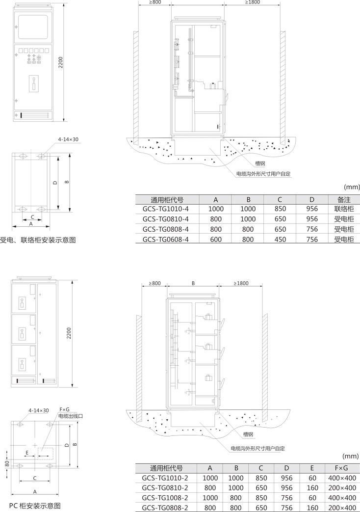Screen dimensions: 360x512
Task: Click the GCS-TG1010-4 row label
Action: pyautogui.click(x=165, y=209)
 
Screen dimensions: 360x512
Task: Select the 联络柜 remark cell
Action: pyautogui.click(x=344, y=209)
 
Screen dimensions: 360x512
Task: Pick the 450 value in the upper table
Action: pyautogui.click(x=280, y=240)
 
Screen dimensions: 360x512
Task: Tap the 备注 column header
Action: pyautogui.click(x=344, y=199)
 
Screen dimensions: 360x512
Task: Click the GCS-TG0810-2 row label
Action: pyautogui.click(x=165, y=488)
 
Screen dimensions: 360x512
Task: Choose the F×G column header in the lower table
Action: pyautogui.click(x=342, y=468)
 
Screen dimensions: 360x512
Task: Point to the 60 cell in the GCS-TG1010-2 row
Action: pyautogui.click(x=312, y=478)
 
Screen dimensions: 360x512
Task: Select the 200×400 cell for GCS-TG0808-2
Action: pyautogui.click(x=342, y=508)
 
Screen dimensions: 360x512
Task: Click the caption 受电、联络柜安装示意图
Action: pyautogui.click(x=38, y=241)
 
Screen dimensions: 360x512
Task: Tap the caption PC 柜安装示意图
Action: pyautogui.click(x=35, y=506)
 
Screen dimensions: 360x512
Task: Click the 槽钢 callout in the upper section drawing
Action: pyautogui.click(x=260, y=163)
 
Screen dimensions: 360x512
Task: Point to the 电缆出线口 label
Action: pyautogui.click(x=71, y=416)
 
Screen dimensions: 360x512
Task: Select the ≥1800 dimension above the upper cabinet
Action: pyautogui.click(x=252, y=2)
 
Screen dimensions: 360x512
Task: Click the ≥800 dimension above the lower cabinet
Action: pyautogui.click(x=154, y=283)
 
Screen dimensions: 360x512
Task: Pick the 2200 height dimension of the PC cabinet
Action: pyautogui.click(x=69, y=333)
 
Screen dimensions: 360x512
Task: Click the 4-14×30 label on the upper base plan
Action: pyautogui.click(x=68, y=139)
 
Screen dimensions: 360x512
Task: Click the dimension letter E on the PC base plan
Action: pyautogui.click(x=27, y=453)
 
